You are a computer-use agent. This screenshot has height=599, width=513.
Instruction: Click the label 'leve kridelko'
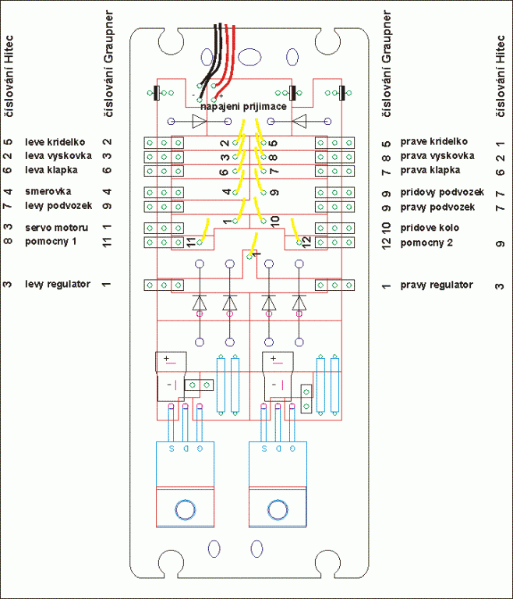click(x=55, y=142)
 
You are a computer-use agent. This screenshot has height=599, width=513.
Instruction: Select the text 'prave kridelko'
click(x=433, y=141)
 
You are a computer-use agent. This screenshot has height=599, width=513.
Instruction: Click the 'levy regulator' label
click(x=57, y=284)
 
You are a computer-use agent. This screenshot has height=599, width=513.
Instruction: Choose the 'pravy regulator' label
click(x=437, y=285)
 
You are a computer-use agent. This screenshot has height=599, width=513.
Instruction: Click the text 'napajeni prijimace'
click(x=242, y=105)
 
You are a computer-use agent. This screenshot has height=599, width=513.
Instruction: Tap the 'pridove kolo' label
click(x=428, y=228)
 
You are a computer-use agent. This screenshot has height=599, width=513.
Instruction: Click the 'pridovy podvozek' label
click(x=442, y=192)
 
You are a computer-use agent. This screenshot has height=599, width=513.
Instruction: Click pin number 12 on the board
click(x=306, y=240)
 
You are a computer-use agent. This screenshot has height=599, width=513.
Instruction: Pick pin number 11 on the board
click(x=192, y=242)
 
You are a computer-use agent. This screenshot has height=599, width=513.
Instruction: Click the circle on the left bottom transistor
click(x=186, y=510)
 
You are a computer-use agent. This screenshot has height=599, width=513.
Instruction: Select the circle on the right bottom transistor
click(x=278, y=510)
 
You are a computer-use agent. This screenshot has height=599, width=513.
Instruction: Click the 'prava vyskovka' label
click(x=437, y=155)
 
